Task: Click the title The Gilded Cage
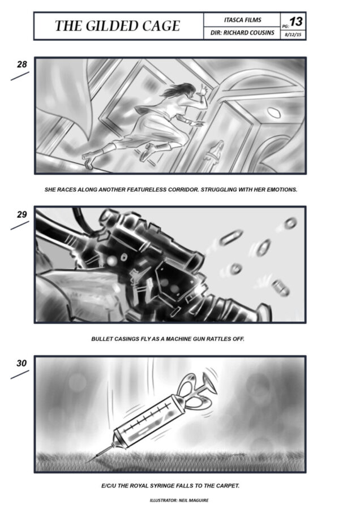click(117, 26)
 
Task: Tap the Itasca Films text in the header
click(242, 20)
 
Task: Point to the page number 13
click(296, 21)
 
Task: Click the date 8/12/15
click(293, 34)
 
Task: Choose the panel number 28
click(22, 64)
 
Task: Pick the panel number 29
click(22, 214)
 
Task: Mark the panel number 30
click(22, 363)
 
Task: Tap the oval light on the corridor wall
click(274, 113)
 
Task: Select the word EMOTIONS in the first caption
click(282, 189)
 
